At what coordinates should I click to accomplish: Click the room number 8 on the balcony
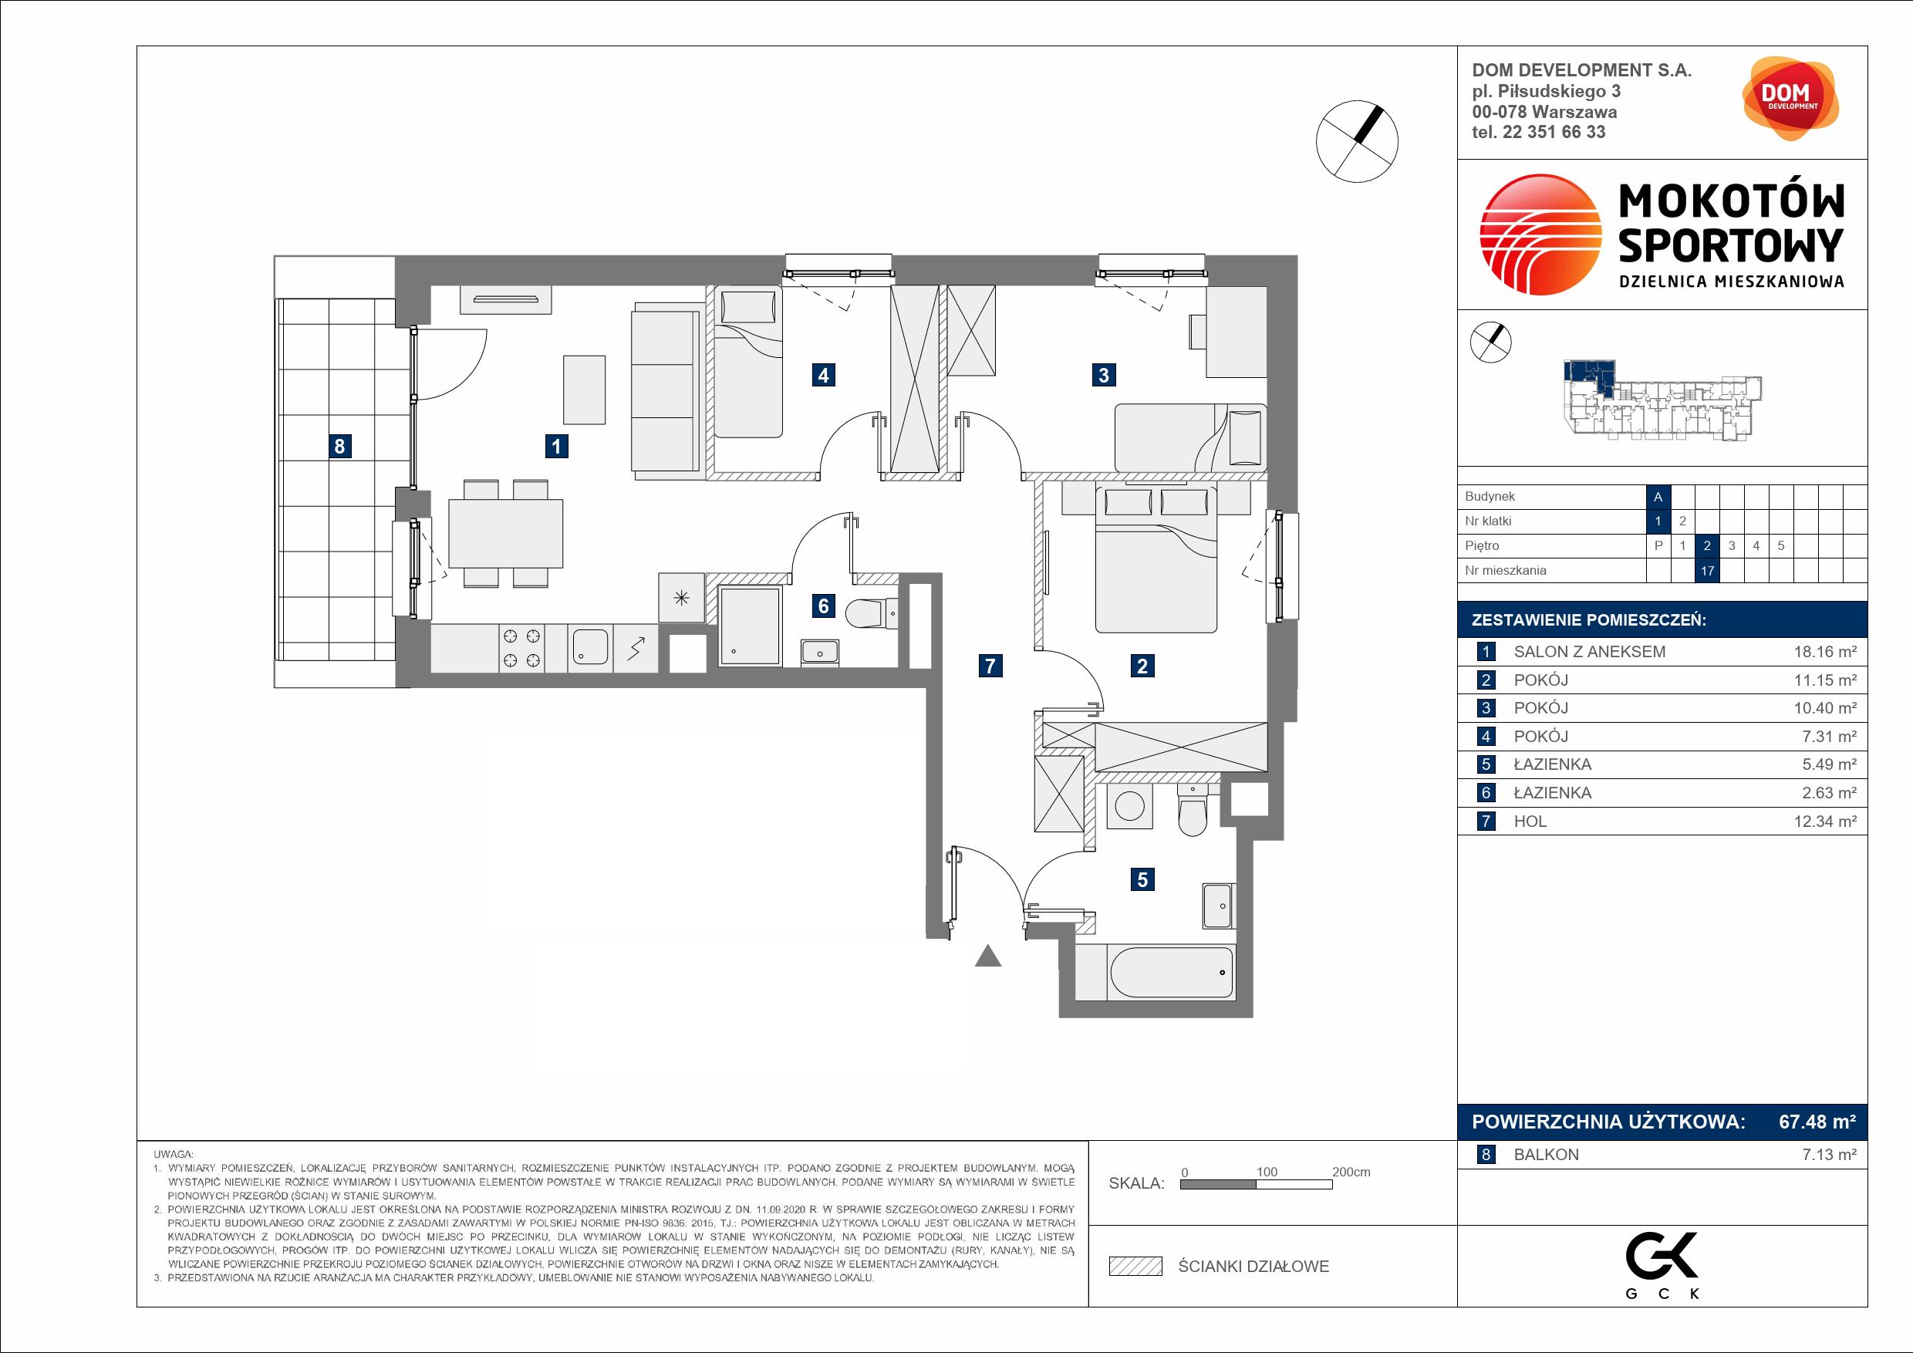[339, 447]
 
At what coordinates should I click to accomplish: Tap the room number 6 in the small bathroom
[823, 605]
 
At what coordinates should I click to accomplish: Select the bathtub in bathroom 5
[1153, 972]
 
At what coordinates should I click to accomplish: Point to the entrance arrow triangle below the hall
[987, 956]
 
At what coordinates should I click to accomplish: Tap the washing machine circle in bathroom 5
[1131, 806]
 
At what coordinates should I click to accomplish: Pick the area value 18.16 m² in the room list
[1825, 652]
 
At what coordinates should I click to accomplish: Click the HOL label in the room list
[1530, 822]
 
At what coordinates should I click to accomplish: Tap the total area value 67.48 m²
[1817, 1122]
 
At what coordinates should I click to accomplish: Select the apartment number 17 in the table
[1707, 572]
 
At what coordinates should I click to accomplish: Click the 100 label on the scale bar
[1267, 1172]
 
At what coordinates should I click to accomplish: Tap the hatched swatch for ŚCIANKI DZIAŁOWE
[1135, 1267]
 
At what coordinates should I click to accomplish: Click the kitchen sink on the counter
[590, 646]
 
